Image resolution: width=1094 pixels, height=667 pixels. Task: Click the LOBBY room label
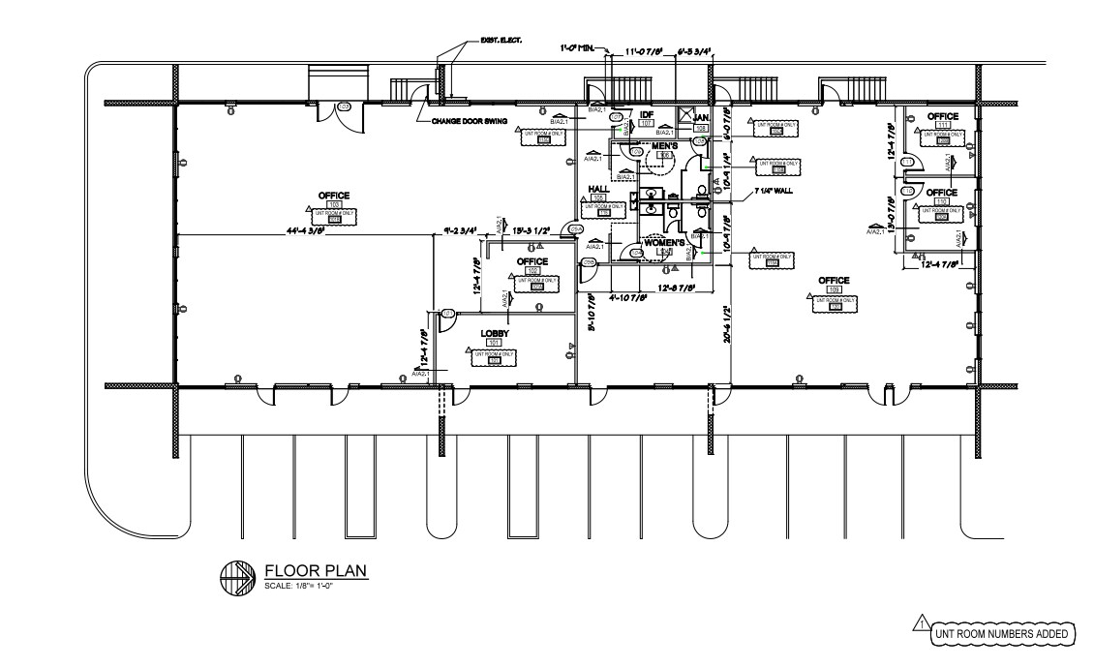point(495,334)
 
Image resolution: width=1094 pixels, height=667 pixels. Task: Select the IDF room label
point(647,114)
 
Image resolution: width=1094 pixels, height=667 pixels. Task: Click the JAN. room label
point(702,117)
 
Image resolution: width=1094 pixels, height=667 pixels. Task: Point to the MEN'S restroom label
point(664,145)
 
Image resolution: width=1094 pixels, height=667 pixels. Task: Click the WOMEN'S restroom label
point(664,242)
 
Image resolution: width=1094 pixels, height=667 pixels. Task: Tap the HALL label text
point(597,189)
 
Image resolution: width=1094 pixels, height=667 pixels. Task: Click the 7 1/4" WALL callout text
point(774,191)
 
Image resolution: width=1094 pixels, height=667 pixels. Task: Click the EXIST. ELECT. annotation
point(501,40)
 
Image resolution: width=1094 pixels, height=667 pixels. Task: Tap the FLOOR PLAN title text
point(316,571)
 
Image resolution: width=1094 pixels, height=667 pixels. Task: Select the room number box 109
point(834,290)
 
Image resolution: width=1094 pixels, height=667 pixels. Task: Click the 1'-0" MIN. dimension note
point(580,45)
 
